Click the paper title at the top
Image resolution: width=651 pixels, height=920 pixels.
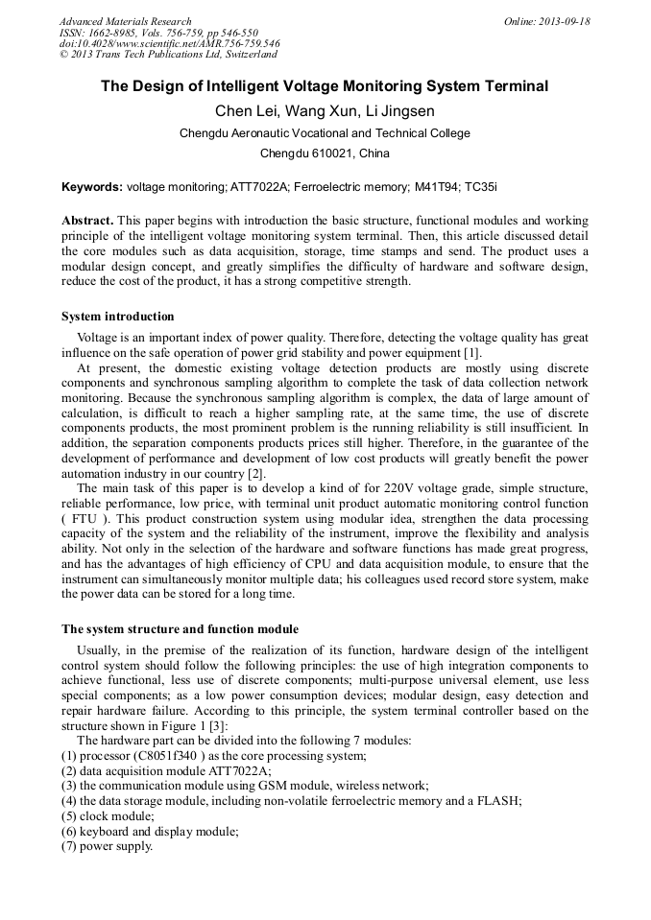point(325,86)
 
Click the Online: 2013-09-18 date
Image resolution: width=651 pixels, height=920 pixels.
point(546,21)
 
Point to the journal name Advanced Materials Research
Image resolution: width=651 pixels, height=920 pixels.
point(125,21)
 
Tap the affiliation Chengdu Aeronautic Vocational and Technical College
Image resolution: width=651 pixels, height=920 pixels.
point(325,133)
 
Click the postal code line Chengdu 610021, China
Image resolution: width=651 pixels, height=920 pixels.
point(325,153)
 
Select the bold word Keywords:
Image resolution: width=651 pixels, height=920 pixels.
point(92,186)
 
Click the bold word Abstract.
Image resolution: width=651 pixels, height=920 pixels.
point(88,221)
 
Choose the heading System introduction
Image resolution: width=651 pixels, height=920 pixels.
point(118,316)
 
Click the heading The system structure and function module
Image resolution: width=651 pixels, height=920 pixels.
point(180,629)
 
